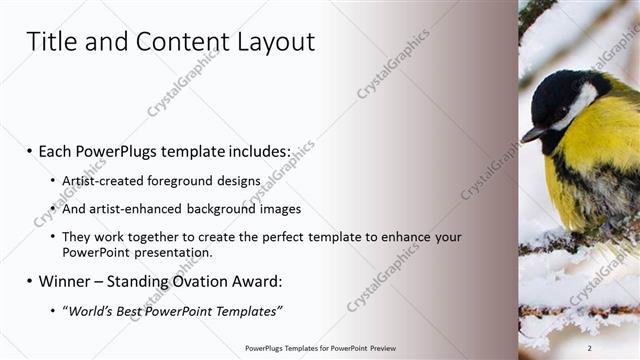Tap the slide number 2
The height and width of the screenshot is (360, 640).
(590, 348)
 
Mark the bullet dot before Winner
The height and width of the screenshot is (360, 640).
(30, 282)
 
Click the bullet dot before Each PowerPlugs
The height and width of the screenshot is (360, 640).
(30, 152)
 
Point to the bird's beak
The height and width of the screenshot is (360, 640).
(531, 132)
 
